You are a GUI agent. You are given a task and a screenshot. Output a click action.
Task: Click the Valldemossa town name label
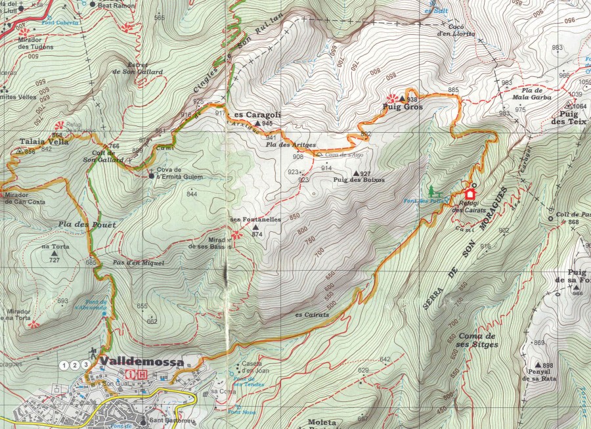pos(141,361)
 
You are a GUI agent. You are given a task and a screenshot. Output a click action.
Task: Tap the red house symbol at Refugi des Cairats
pos(470,194)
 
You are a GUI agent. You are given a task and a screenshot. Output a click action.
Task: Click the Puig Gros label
pos(403,106)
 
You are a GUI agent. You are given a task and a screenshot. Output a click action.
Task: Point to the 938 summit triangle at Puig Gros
pos(403,97)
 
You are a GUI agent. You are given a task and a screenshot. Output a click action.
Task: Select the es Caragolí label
pos(257,114)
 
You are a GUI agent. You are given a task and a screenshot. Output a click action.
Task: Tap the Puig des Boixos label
pos(359,179)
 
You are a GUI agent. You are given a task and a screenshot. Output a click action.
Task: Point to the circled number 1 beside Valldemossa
pos(64,365)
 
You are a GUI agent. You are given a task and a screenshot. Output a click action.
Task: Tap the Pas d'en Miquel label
pos(137,262)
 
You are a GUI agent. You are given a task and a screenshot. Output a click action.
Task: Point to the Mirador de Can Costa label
pos(24,198)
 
